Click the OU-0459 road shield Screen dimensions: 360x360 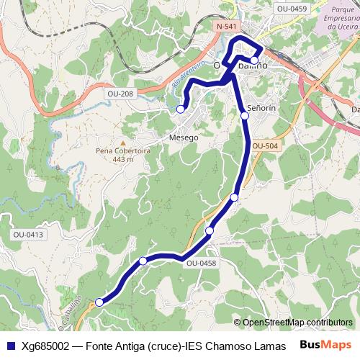point(292,9)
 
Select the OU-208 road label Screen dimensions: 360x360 point(120,94)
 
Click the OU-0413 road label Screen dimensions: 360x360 point(28,235)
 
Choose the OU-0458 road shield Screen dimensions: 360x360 point(201,264)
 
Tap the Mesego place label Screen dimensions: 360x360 point(183,137)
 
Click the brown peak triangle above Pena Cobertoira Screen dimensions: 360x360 point(122,142)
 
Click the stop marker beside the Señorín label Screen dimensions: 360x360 point(245,115)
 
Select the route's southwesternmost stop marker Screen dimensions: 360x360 point(99,302)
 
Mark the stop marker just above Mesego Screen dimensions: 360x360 point(181,109)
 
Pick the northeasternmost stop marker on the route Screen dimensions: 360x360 point(254,60)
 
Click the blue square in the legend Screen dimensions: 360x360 point(9,345)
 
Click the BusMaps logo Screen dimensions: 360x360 point(325,344)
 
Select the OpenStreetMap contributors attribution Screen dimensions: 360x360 point(297,323)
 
